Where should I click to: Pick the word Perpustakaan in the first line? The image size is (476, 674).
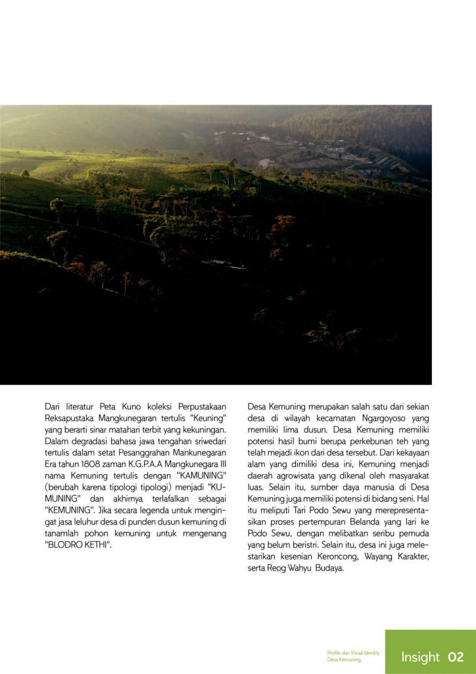[x=197, y=406]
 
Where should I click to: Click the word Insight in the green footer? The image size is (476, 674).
[x=420, y=657]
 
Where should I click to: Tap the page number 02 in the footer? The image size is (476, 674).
[x=456, y=657]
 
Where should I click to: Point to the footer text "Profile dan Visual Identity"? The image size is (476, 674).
[x=353, y=652]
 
